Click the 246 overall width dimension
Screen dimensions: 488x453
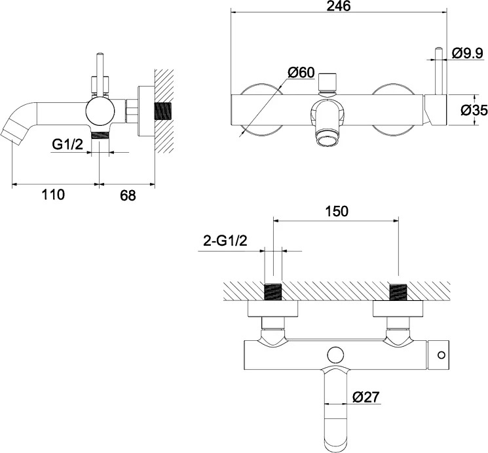[339, 6]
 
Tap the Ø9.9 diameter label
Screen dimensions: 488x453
[468, 53]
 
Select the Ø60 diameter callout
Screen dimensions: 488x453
[301, 73]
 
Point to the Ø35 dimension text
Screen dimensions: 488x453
[474, 110]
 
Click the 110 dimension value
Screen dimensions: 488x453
[53, 195]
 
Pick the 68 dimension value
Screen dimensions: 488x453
[128, 195]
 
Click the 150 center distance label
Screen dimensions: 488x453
[337, 211]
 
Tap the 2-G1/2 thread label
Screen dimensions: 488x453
[225, 241]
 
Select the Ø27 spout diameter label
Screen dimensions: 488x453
[366, 397]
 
